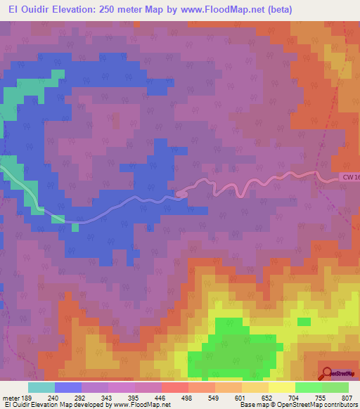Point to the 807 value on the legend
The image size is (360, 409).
click(x=346, y=398)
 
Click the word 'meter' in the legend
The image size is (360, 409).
click(x=11, y=398)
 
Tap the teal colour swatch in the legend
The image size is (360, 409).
click(x=41, y=387)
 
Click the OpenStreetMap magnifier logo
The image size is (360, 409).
click(x=327, y=372)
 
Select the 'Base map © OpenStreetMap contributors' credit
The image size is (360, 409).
click(x=299, y=405)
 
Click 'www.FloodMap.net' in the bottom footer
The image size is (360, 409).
click(x=134, y=405)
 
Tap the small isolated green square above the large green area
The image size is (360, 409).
click(x=304, y=322)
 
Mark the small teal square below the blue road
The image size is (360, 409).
click(x=75, y=227)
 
